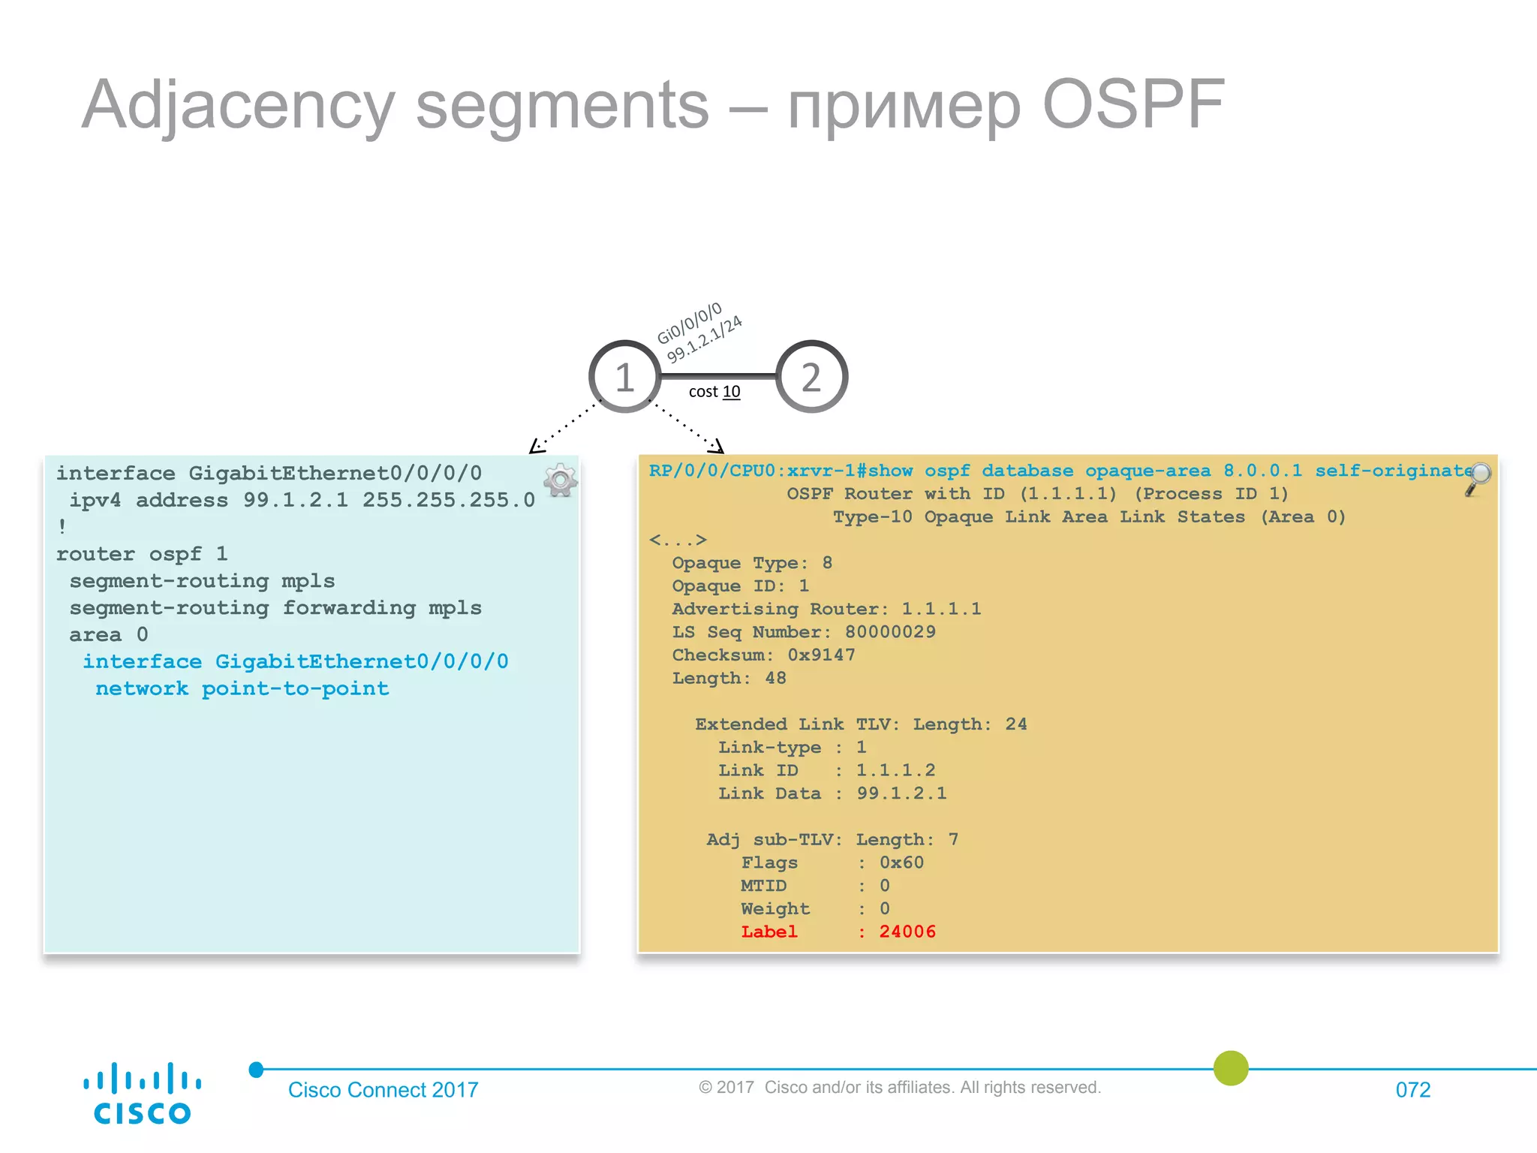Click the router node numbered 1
(624, 377)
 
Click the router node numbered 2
(811, 377)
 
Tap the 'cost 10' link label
(714, 392)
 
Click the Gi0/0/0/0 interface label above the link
(689, 323)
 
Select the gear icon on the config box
(560, 480)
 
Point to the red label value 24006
(907, 932)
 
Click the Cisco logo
(142, 1093)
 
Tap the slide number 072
(1412, 1089)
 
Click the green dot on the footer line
(1231, 1067)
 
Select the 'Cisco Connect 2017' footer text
(383, 1089)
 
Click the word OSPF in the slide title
(1133, 105)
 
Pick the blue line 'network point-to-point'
(242, 688)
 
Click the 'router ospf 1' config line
(141, 554)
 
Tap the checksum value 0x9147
(821, 655)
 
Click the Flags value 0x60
(901, 862)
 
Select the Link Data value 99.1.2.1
(901, 793)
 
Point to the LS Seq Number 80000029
(890, 632)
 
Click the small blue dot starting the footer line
(257, 1070)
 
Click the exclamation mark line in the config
(62, 527)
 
